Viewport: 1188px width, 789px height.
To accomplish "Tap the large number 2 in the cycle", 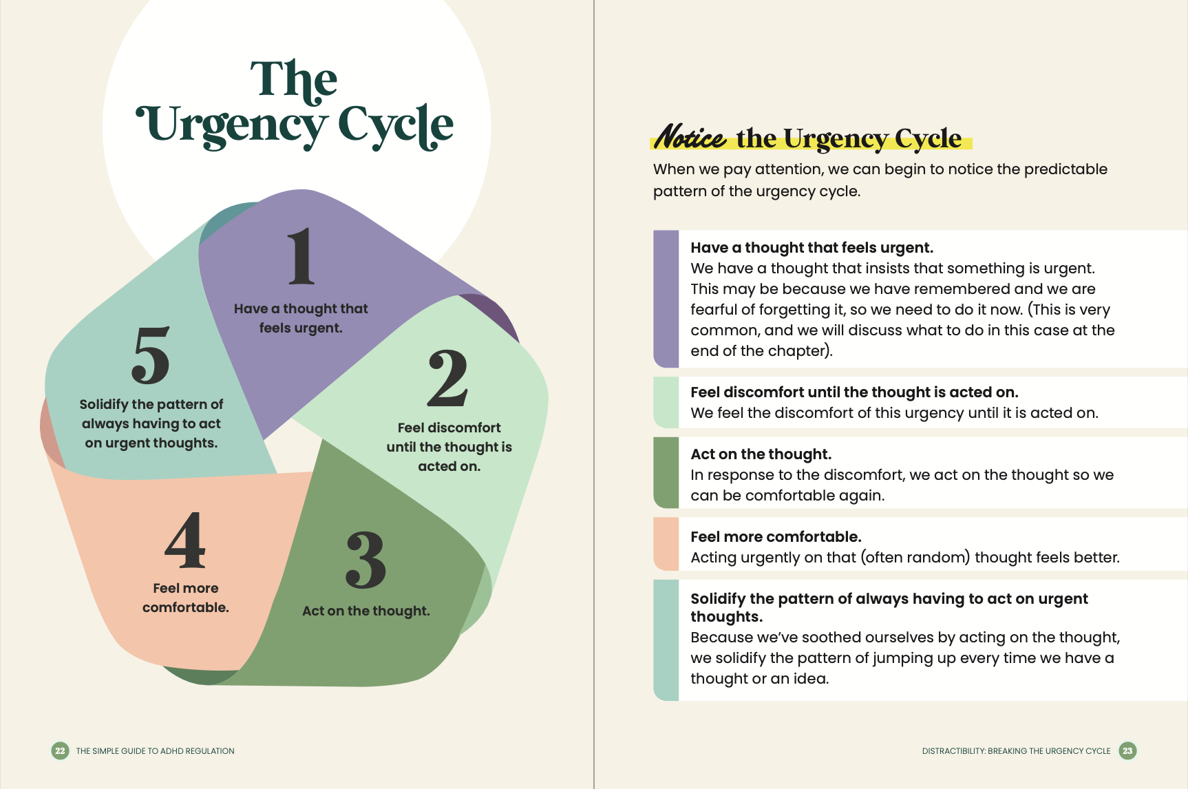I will [x=447, y=378].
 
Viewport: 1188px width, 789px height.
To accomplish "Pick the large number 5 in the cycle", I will [x=151, y=355].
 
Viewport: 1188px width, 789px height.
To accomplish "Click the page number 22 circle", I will [x=60, y=750].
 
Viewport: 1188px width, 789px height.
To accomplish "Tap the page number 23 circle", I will [x=1127, y=750].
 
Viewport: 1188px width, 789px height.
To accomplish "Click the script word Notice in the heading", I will [x=689, y=137].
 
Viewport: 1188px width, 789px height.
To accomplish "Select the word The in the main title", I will [x=294, y=80].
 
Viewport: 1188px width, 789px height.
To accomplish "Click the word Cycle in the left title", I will [x=395, y=126].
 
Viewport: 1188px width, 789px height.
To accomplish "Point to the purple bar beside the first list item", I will [x=666, y=299].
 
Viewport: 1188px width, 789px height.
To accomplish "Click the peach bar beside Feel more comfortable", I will [x=666, y=544].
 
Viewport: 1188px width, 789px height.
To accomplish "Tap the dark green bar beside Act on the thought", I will [x=666, y=473].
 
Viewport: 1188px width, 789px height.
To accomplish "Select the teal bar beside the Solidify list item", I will [x=666, y=640].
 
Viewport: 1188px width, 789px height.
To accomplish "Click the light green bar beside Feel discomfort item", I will [x=666, y=402].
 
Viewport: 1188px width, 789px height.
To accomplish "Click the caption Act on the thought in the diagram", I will [x=365, y=611].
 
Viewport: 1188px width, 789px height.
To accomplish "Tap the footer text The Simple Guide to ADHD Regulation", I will [x=155, y=751].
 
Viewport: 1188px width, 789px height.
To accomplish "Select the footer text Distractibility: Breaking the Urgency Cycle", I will [x=1016, y=751].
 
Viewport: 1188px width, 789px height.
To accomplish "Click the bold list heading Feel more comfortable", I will [x=776, y=537].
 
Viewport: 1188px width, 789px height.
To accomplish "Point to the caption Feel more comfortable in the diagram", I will [x=185, y=598].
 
